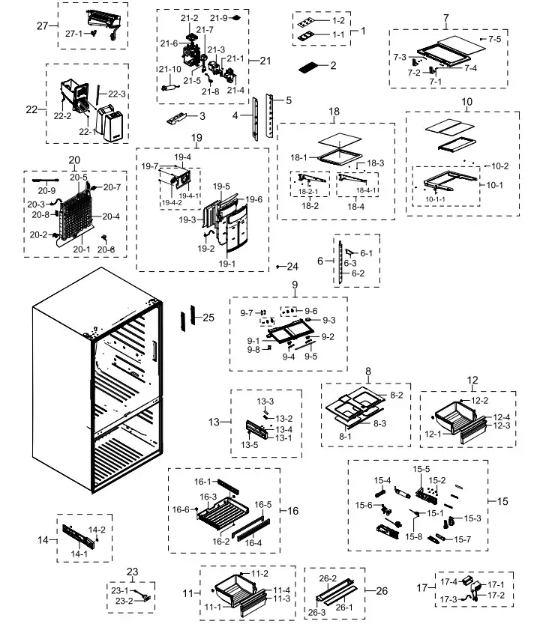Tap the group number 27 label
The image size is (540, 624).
[43, 26]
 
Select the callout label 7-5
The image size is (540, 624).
[496, 38]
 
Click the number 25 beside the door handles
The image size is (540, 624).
[208, 318]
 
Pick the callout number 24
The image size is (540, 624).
[292, 267]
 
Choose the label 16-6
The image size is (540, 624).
[181, 509]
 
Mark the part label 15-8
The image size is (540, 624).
[413, 536]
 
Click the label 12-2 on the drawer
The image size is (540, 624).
[479, 401]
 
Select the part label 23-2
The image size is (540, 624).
[124, 601]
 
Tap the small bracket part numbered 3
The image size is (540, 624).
[178, 118]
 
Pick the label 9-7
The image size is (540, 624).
[247, 312]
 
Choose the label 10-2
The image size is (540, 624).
[500, 166]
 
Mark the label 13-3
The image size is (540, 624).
[265, 402]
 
